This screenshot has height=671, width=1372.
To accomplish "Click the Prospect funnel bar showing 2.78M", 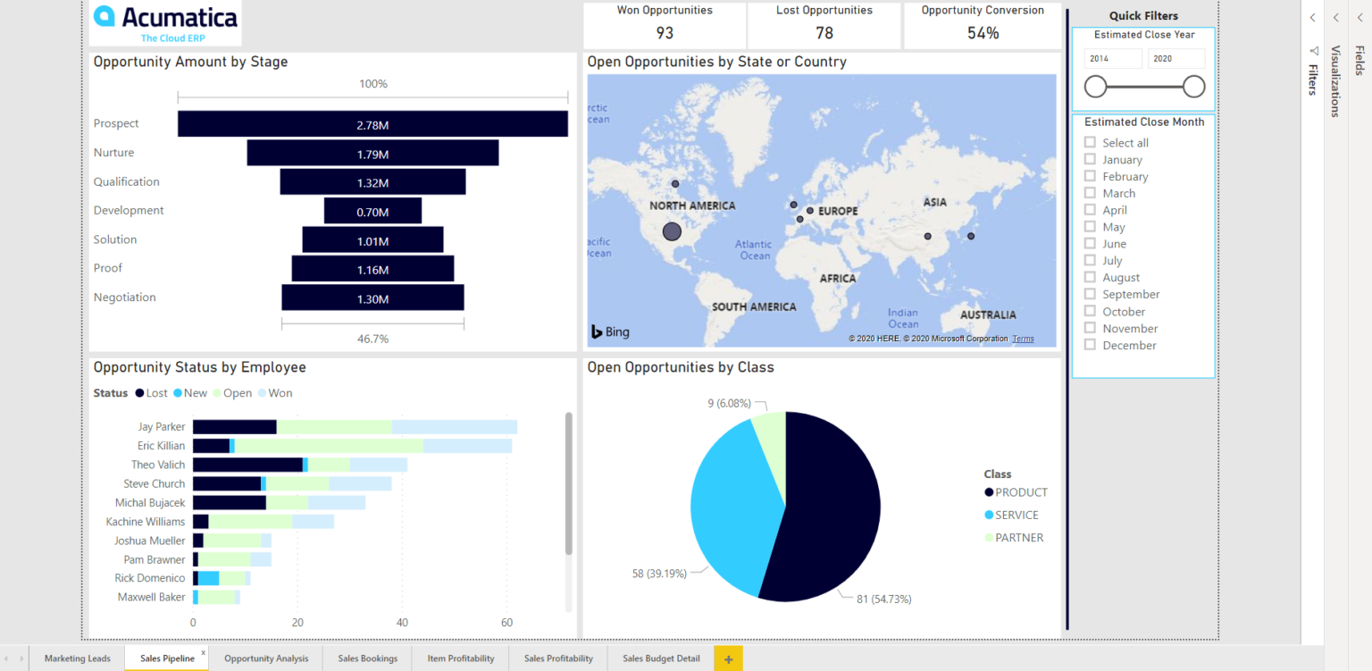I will click(x=372, y=124).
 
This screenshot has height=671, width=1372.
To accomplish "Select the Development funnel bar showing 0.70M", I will click(x=372, y=211).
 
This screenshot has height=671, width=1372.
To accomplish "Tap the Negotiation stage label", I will click(x=125, y=298).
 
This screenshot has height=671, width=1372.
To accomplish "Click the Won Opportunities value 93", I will click(x=665, y=33).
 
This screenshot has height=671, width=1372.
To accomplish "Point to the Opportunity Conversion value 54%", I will click(x=983, y=33).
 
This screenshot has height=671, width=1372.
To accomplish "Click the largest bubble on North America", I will click(x=672, y=232).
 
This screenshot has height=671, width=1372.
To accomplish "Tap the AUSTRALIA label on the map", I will click(x=987, y=315).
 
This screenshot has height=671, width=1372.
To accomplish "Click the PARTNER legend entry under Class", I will click(x=1018, y=538).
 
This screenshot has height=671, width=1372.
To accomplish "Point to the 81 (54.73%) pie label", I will click(x=883, y=599).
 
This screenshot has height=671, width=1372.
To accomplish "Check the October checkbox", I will click(x=1090, y=311).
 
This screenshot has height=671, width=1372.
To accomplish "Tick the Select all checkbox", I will click(x=1090, y=142).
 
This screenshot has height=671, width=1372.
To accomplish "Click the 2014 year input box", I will click(x=1112, y=58).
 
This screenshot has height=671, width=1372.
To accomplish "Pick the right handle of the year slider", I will click(x=1193, y=87).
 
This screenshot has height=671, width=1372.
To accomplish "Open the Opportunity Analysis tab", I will click(x=266, y=658).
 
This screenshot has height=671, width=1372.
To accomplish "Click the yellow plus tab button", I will click(x=728, y=659).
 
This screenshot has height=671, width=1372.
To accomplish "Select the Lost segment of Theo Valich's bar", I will click(x=247, y=465).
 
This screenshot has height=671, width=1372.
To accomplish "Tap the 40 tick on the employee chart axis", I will click(x=402, y=622).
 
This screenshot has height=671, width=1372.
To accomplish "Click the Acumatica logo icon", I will click(x=105, y=16).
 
